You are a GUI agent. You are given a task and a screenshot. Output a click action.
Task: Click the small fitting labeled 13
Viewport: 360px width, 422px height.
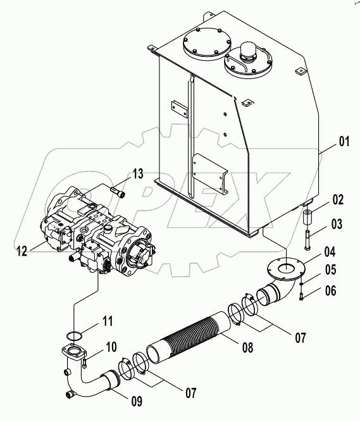click(x=119, y=189)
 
